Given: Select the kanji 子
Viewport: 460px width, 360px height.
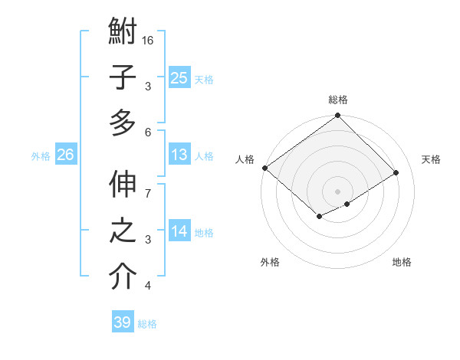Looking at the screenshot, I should (123, 77).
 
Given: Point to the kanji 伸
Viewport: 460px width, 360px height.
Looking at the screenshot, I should (123, 187).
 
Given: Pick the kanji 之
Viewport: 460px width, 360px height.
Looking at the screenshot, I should (123, 231).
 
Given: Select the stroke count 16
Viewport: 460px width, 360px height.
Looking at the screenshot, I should (148, 40).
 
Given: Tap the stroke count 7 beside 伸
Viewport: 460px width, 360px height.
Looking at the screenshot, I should (147, 185).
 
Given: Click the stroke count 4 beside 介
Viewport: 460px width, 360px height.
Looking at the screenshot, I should (147, 286).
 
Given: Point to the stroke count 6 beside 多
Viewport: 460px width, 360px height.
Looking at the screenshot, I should (147, 132).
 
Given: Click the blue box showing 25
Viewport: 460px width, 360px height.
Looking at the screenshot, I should (179, 77).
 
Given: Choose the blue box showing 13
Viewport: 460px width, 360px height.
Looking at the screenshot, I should (179, 155).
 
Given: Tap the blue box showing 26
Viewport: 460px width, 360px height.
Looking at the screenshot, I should (66, 155).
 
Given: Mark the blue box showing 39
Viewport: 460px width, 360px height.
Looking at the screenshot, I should (123, 322).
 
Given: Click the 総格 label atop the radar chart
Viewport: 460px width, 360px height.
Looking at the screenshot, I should (338, 100).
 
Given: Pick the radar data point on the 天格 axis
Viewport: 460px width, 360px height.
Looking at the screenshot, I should (396, 173).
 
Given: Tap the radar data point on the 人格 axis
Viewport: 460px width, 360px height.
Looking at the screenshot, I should (264, 168).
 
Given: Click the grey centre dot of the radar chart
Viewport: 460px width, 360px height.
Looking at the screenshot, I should (337, 190).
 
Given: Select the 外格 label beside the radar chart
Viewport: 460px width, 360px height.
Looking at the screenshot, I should (270, 262).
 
